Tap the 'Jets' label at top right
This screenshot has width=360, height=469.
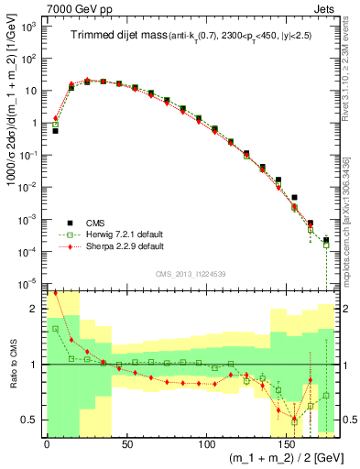[324, 8]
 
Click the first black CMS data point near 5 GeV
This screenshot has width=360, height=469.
[55, 131]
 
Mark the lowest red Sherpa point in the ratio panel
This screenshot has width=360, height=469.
[294, 420]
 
